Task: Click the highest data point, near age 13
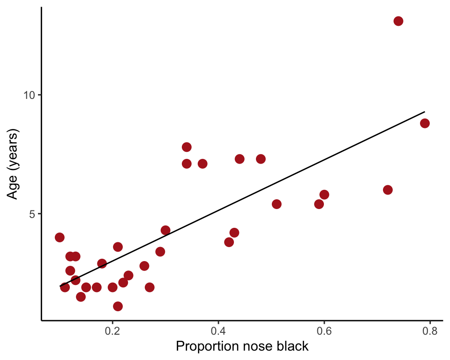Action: (x=398, y=21)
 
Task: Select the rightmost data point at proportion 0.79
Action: (x=425, y=123)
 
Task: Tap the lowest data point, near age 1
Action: (x=118, y=306)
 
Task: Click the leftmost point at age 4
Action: (x=60, y=237)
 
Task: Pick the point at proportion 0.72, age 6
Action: (x=388, y=190)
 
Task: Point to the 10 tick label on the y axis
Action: (x=30, y=95)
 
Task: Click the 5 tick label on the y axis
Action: (x=32, y=214)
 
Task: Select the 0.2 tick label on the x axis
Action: (x=112, y=331)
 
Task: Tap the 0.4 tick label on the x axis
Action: (x=218, y=331)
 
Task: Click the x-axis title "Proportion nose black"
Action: (x=242, y=347)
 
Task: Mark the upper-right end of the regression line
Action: (x=424, y=112)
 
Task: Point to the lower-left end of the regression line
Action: (x=60, y=285)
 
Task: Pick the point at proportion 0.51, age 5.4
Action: (x=277, y=204)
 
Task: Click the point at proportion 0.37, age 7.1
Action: (x=202, y=164)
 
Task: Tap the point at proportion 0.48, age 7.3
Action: (x=261, y=159)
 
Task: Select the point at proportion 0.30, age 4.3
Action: (x=165, y=230)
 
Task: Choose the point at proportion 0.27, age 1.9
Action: (x=150, y=287)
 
